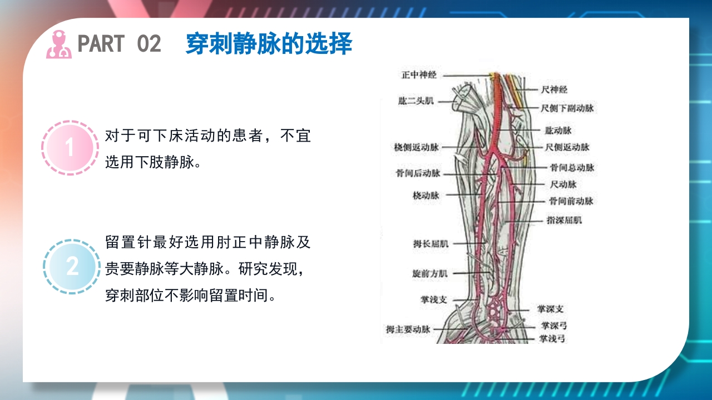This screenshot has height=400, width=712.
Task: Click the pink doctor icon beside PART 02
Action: coord(59,44)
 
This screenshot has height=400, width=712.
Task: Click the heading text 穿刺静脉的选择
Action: coord(269,44)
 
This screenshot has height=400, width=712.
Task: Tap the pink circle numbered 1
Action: coord(70,148)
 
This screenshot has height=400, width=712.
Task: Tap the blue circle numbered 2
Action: coord(72,267)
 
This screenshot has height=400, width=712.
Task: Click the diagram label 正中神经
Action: coord(419,74)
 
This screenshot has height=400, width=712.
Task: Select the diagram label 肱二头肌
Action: coord(416,101)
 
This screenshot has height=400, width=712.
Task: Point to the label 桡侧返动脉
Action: coord(417,147)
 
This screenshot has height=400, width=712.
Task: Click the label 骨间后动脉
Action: coord(418,173)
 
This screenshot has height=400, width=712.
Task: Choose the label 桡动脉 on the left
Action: coord(426,196)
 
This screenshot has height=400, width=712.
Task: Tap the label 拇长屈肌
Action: coord(431,243)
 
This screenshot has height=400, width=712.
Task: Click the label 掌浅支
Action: coord(433,299)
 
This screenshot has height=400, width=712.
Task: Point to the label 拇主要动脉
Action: coord(409,329)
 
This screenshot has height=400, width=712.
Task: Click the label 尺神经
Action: coord(554,89)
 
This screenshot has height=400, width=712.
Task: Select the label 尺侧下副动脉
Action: coord(567,108)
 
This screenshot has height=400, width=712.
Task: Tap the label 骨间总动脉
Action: coord(572,167)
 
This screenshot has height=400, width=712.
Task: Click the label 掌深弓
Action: coord(553,326)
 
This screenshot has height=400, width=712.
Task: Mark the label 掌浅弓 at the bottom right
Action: coord(552,338)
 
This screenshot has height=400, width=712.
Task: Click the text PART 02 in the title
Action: coord(119,44)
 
